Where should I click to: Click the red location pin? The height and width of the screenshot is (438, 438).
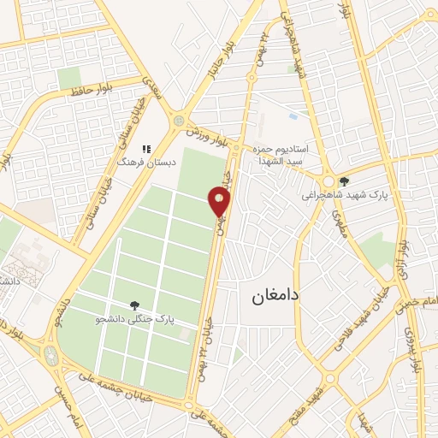(220, 203)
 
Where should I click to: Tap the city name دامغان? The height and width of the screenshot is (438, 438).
(275, 296)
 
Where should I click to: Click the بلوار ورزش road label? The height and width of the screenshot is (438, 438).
(210, 137)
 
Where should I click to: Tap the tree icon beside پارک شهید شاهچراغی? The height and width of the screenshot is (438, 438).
(344, 181)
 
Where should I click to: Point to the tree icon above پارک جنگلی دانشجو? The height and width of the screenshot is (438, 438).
(133, 305)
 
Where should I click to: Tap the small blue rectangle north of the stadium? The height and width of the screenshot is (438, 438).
(293, 116)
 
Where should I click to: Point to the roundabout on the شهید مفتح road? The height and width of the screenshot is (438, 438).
(330, 376)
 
